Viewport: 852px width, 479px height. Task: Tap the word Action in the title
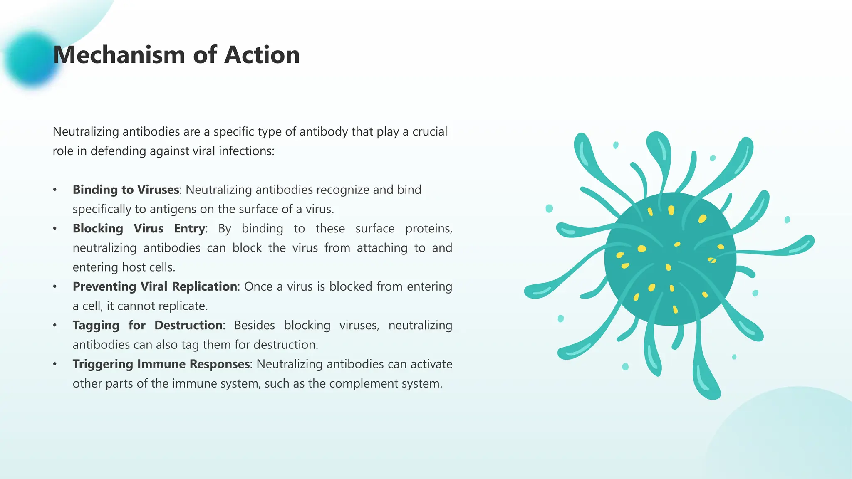[x=262, y=55]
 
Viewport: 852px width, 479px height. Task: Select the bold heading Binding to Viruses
[x=126, y=190]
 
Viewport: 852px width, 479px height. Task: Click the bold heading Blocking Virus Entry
[x=139, y=228]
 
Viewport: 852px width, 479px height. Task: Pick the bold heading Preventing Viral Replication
[x=155, y=286]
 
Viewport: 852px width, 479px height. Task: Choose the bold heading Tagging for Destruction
[x=147, y=325]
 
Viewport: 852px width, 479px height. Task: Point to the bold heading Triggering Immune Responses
[x=161, y=364]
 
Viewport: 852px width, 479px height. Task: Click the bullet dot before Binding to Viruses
[x=55, y=190]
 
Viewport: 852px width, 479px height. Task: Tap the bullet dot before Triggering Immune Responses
[x=55, y=364]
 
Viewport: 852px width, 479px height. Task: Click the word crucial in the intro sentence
[x=430, y=131]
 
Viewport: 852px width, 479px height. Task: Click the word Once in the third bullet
[x=258, y=286]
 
